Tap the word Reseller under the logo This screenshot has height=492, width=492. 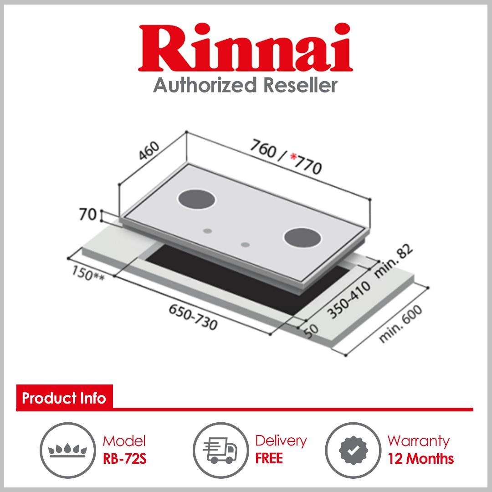[x=301, y=85]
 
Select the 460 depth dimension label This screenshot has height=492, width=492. [x=149, y=151]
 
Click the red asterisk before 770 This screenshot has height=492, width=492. [x=294, y=157]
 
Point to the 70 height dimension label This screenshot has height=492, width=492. [x=87, y=215]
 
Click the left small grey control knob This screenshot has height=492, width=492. [x=207, y=231]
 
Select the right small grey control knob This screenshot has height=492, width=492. [x=246, y=245]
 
